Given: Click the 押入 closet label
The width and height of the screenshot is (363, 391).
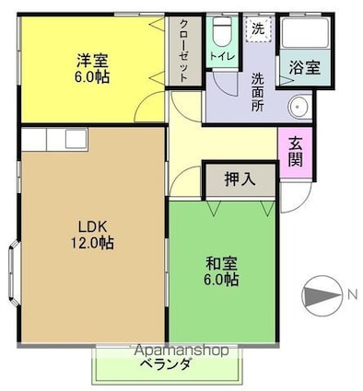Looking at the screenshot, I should coord(240,180).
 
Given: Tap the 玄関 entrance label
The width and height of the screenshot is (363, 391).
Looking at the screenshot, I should coord(294,153).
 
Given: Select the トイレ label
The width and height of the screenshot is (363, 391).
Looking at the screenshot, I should coord(220,56).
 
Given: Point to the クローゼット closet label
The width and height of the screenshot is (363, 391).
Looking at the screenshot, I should coord(182,51).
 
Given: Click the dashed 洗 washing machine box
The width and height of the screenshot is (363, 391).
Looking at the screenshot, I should coord(258,29).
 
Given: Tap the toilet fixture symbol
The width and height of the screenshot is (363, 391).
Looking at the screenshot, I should coord(220,31).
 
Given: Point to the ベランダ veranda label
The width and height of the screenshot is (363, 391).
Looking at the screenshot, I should coord(166,365).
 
